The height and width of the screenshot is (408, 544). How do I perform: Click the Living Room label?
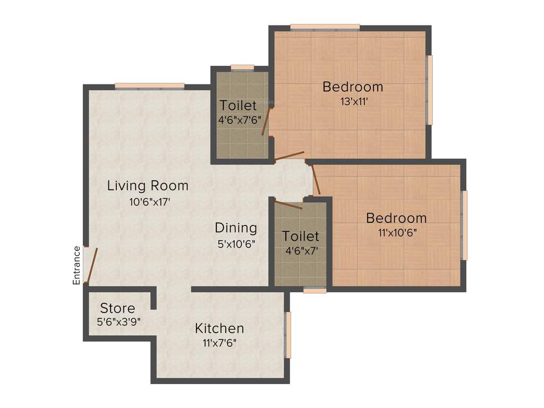(148, 186)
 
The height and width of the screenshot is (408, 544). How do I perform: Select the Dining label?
(236, 228)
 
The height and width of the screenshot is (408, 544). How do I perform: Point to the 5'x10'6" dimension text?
(236, 244)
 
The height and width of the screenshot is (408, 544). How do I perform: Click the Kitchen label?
(219, 328)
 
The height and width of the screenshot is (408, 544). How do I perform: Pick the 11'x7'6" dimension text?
(219, 343)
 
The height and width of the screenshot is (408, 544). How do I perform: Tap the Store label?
(117, 308)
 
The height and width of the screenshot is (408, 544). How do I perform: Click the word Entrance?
(76, 265)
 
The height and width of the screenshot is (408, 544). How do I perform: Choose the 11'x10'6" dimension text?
(396, 232)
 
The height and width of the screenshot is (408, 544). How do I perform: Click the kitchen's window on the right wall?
(288, 335)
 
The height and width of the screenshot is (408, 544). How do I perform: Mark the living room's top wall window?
(149, 86)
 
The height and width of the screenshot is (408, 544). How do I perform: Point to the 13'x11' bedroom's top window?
(325, 27)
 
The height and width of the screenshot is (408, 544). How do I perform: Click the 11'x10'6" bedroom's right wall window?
(464, 225)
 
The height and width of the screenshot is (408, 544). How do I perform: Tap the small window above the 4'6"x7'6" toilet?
(242, 67)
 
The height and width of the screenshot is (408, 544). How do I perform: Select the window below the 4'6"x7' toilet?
(314, 290)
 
